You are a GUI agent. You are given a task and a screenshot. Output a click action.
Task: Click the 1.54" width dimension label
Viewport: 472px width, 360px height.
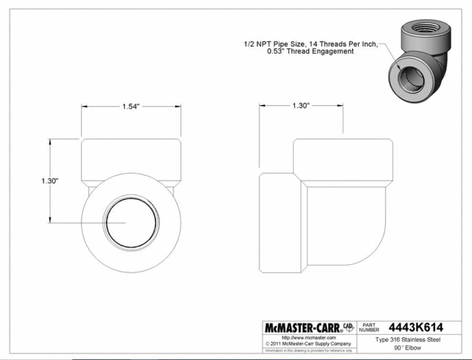pyautogui.click(x=131, y=106)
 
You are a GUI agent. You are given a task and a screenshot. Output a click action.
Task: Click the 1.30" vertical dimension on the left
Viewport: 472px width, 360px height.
pyautogui.click(x=50, y=180)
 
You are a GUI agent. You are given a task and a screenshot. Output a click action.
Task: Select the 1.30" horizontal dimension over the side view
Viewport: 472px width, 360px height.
pyautogui.click(x=301, y=106)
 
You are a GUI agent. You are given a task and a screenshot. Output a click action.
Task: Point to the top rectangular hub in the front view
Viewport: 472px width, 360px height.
pyautogui.click(x=131, y=159)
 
